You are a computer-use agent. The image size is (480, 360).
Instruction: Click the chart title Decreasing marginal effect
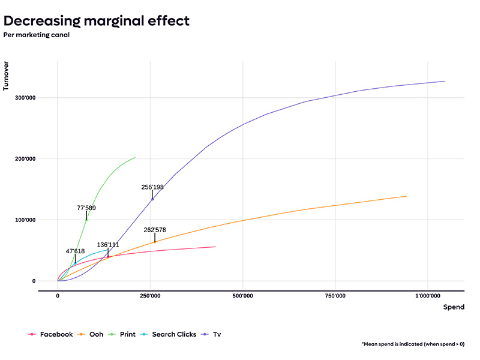pos(97,21)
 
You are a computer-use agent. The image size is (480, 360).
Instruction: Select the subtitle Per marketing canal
pos(37,35)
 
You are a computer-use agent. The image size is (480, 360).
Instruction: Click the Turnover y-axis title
pos(6,76)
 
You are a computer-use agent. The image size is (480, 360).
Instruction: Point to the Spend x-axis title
pos(454,307)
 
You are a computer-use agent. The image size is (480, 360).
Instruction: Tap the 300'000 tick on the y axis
pos(25,98)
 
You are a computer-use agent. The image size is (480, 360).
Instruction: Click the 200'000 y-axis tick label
pos(25,158)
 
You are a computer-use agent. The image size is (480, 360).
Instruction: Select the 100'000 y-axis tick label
pos(25,220)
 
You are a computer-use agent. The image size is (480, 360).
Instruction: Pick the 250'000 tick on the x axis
pos(150,296)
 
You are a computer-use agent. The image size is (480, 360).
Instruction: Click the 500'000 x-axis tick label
pos(243,296)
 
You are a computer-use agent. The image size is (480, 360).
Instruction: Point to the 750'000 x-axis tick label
pos(335,296)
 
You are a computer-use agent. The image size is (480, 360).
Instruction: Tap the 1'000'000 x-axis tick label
pos(428,296)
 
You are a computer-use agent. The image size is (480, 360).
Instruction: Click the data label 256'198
pos(152,187)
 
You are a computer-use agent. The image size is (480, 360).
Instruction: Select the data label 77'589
pos(86,208)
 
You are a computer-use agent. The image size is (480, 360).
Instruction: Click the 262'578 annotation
pos(155,230)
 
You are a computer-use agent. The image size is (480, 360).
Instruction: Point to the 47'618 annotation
pos(76,251)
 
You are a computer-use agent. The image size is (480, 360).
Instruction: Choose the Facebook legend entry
pos(50,334)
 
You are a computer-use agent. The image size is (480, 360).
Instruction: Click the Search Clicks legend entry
pos(168,334)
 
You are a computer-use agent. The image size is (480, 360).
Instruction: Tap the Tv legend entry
pos(211,334)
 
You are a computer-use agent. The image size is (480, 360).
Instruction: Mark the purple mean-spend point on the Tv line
pos(152,199)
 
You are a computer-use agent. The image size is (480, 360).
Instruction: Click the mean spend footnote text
pos(413,344)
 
